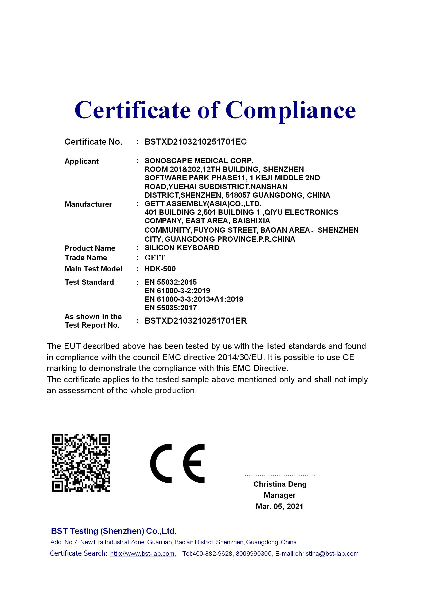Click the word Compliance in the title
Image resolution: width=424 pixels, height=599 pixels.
291,110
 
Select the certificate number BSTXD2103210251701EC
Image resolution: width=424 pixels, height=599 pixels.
196,142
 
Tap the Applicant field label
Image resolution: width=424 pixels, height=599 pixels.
81,161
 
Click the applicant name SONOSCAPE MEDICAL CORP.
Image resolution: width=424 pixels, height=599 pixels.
199,161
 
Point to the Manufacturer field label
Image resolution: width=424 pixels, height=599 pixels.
88,204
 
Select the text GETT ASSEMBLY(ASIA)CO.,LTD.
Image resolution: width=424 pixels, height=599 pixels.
203,204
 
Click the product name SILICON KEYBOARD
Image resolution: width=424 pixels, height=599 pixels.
182,248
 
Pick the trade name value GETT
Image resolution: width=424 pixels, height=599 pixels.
154,258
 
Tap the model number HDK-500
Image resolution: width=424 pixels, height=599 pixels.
160,269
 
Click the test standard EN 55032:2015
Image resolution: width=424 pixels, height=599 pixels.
170,282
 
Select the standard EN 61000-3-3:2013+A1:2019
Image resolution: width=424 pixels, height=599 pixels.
194,299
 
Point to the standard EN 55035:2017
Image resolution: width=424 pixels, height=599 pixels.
170,308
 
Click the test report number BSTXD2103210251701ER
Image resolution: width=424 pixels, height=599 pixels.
196,321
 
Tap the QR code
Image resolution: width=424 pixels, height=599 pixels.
81,463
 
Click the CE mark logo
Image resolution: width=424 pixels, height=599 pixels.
177,463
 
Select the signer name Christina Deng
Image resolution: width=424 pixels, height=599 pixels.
280,484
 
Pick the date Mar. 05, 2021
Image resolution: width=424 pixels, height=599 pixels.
279,506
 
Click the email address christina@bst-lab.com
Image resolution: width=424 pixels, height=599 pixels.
327,554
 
